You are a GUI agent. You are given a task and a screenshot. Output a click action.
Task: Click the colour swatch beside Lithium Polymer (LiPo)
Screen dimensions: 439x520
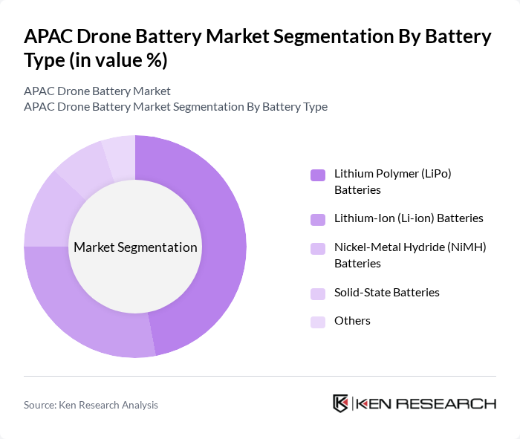pyautogui.click(x=318, y=175)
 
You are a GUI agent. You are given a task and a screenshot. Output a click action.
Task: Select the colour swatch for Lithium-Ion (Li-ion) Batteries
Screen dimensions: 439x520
pyautogui.click(x=318, y=219)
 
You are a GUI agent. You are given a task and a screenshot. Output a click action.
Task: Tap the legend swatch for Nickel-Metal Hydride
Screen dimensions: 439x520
pyautogui.click(x=318, y=248)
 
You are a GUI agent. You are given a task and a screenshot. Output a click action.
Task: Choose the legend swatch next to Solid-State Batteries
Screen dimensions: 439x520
pyautogui.click(x=318, y=293)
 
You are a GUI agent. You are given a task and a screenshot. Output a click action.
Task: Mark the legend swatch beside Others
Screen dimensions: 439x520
pyautogui.click(x=318, y=322)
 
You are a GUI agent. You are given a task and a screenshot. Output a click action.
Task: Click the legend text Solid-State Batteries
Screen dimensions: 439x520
pyautogui.click(x=386, y=292)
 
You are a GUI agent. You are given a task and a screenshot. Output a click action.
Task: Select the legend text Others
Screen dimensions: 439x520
pyautogui.click(x=352, y=321)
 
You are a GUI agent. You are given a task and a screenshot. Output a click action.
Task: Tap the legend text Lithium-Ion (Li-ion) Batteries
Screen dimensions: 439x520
pyautogui.click(x=409, y=218)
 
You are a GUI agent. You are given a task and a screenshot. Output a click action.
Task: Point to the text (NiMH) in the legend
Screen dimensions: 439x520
pyautogui.click(x=469, y=247)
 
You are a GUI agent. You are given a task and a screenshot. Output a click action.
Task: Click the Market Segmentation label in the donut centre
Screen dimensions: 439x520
pyautogui.click(x=135, y=247)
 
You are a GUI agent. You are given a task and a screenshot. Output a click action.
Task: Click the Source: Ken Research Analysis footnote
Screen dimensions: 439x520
pyautogui.click(x=91, y=405)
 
